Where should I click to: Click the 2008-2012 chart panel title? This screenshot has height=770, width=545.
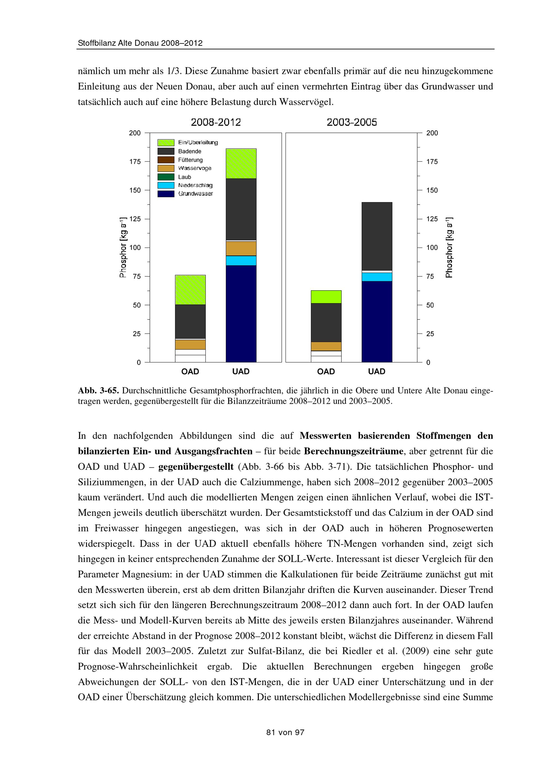[216, 122]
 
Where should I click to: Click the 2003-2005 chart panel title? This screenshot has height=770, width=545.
[352, 122]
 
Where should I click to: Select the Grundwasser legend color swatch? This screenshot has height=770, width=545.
[166, 194]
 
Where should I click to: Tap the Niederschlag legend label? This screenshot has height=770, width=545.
[195, 185]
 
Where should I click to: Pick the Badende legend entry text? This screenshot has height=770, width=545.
[190, 151]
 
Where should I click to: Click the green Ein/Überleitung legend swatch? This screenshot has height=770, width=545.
[166, 143]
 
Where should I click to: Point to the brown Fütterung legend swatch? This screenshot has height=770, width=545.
[166, 160]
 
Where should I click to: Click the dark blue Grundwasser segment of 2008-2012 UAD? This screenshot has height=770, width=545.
[241, 313]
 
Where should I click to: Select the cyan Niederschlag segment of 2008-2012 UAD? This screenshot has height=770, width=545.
[241, 261]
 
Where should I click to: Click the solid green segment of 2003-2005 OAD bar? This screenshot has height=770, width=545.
[326, 297]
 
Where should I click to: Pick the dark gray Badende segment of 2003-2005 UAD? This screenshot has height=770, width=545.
[377, 236]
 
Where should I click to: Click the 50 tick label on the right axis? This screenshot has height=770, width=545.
[430, 305]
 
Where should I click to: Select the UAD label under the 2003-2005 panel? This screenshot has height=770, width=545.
[377, 372]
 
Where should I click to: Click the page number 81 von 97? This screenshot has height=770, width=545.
[285, 732]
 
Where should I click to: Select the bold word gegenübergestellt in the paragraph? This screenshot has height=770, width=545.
[195, 467]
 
